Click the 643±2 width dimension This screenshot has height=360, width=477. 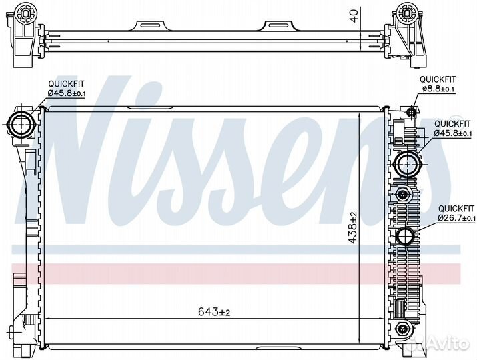point(214,311)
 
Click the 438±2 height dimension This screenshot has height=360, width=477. point(353,228)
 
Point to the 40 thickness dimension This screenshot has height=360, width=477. point(354,17)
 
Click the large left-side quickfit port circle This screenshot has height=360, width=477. point(21,125)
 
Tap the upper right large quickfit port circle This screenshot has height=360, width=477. point(407,164)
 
